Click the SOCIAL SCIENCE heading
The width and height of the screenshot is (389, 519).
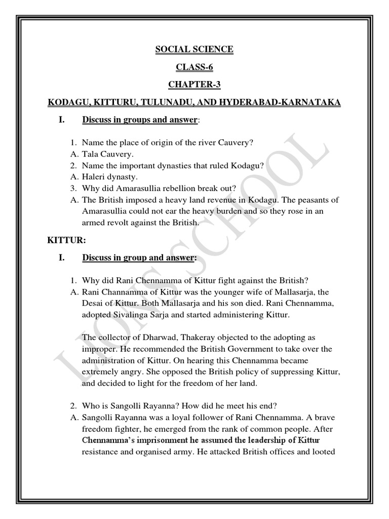[194, 49]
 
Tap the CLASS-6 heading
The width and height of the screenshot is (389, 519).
[194, 66]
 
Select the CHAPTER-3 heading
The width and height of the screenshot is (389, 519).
[194, 84]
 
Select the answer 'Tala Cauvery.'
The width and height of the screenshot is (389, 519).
[107, 154]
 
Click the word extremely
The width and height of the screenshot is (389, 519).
[101, 372]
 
